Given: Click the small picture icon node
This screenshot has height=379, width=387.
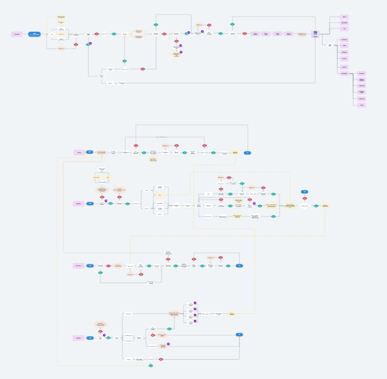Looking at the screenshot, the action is click(x=315, y=33).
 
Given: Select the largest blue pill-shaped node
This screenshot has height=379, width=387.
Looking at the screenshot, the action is click(x=35, y=34).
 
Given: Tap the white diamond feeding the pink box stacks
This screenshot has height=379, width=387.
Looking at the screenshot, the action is click(x=330, y=45).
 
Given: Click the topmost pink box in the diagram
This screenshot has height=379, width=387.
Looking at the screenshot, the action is click(x=344, y=17).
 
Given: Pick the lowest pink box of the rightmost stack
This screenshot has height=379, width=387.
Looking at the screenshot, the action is click(x=362, y=105).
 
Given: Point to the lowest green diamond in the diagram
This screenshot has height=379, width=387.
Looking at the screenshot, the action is click(x=151, y=366).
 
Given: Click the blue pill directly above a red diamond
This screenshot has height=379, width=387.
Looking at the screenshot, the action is click(x=304, y=192).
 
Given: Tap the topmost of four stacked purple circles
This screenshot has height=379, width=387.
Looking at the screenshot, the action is click(x=195, y=303).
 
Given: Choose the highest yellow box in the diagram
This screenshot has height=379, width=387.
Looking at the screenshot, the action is click(x=61, y=17).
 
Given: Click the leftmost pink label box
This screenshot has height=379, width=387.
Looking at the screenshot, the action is click(x=17, y=34).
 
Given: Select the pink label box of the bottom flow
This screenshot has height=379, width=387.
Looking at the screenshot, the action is click(x=79, y=338).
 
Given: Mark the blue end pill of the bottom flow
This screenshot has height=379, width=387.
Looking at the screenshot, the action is click(x=240, y=334).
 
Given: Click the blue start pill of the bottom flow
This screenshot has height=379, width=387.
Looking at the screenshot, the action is click(x=90, y=338).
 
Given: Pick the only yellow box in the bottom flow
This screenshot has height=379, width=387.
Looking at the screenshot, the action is click(x=232, y=313).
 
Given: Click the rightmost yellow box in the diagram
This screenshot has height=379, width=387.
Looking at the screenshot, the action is click(x=325, y=205).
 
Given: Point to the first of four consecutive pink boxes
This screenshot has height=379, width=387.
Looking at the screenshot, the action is click(x=255, y=34).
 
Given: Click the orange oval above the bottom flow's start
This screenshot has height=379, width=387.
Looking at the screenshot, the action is click(x=100, y=324).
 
